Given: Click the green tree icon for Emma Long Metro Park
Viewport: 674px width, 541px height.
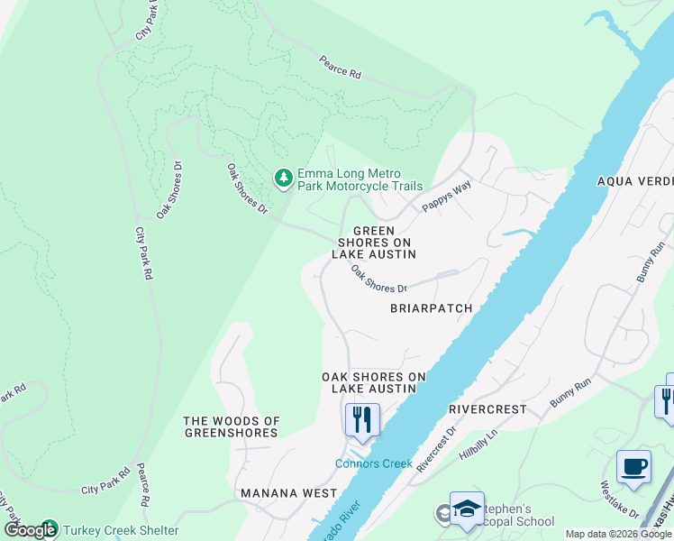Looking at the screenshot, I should (x=284, y=179).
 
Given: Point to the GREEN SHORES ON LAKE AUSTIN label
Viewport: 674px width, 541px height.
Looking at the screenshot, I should (x=373, y=243).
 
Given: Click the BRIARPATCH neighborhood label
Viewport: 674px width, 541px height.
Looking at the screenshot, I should (x=431, y=308).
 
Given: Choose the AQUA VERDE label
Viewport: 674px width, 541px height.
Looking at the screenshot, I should (x=635, y=180).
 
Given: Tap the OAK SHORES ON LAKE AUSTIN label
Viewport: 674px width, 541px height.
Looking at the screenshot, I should (x=369, y=382).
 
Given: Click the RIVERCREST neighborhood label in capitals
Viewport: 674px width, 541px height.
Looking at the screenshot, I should (x=487, y=409).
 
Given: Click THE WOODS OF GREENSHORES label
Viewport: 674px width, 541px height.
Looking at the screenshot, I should (x=232, y=426).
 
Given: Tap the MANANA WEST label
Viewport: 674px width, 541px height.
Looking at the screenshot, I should (x=288, y=493).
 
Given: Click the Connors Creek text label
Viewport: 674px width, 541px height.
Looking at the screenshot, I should (x=374, y=463).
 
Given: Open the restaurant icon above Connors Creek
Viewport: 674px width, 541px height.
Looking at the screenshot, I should (x=362, y=420).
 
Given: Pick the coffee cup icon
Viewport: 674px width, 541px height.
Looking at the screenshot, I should (x=633, y=467).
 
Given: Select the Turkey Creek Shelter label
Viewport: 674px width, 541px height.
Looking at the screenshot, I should (x=121, y=530).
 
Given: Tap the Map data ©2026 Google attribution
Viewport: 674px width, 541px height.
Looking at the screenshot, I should (x=619, y=534).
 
